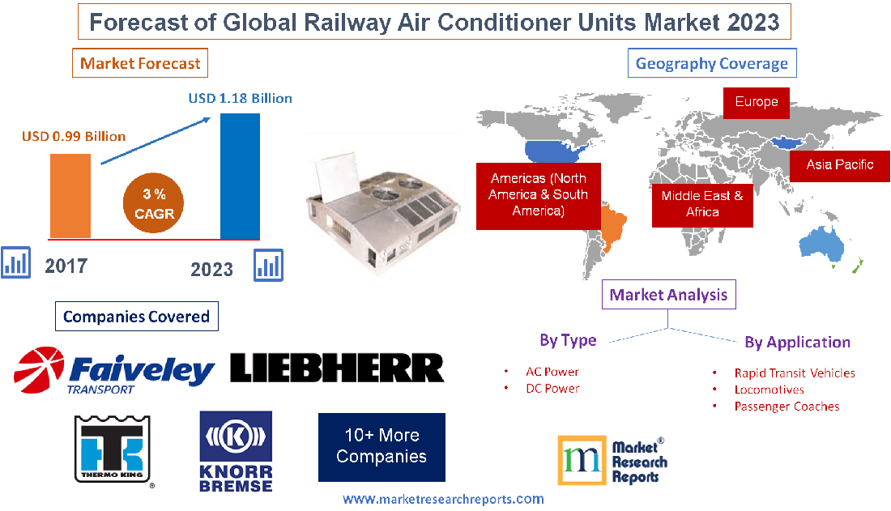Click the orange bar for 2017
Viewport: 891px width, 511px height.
tap(70, 195)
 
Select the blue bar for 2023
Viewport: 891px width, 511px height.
tap(240, 176)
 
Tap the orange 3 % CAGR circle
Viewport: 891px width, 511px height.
tap(154, 204)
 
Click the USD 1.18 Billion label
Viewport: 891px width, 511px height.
tap(241, 98)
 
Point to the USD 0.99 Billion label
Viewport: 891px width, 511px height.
tap(74, 136)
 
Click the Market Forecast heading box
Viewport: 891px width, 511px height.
tap(140, 62)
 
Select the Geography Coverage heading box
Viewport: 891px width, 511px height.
tap(711, 63)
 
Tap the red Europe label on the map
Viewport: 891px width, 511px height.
tap(756, 102)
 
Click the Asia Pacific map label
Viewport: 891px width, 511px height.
tap(839, 164)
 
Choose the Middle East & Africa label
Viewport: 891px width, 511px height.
tap(701, 203)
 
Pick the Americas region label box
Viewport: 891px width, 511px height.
tap(538, 194)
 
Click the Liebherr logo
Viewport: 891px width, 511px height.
tap(337, 368)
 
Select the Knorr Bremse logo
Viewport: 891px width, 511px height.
tap(236, 450)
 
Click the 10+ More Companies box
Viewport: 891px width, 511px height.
tap(382, 446)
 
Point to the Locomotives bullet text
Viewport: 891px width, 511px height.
tap(769, 390)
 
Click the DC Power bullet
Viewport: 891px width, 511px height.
tap(552, 388)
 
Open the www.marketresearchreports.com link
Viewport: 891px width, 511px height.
tap(443, 499)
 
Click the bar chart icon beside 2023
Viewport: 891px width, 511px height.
tap(269, 265)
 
